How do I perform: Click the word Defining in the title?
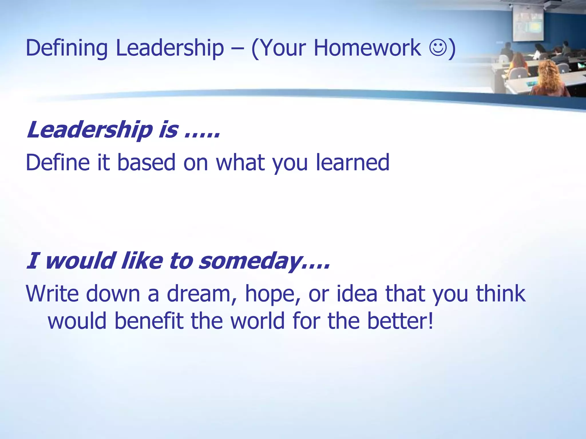[67, 48]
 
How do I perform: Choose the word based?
[146, 162]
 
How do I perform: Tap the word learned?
[353, 162]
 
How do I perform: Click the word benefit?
[149, 320]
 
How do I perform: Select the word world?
[258, 320]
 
